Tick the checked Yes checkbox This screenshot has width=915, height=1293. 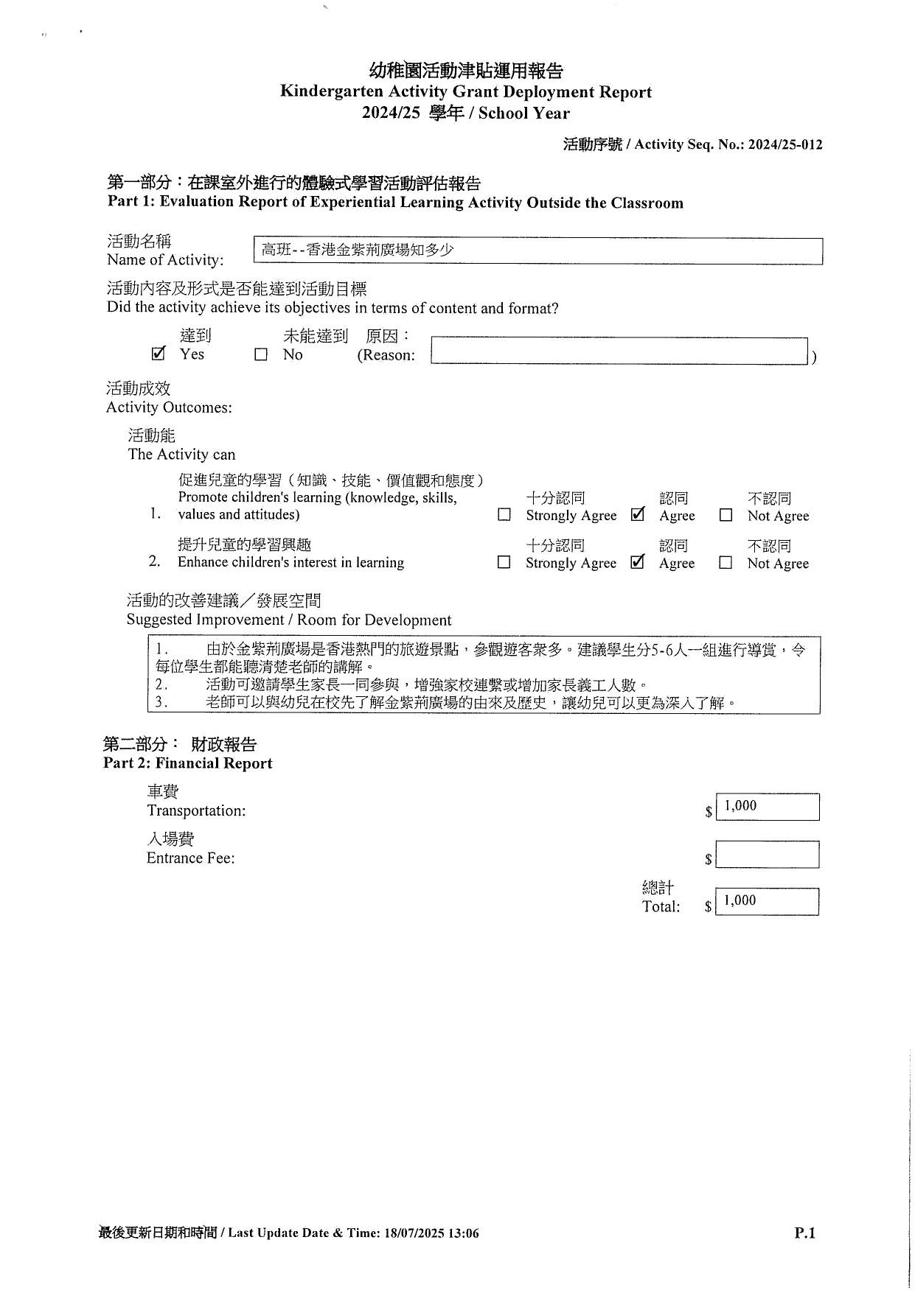158,354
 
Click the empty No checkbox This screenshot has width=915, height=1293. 261,355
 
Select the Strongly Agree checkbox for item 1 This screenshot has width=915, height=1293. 504,516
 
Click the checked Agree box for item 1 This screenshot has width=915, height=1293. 638,515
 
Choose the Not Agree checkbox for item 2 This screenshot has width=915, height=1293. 726,563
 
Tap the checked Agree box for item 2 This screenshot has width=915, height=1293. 638,562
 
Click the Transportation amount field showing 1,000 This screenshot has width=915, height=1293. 767,807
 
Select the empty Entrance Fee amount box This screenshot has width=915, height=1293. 767,855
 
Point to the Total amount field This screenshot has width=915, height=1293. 767,902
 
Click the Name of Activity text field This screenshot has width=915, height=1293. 537,250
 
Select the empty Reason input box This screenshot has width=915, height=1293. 619,351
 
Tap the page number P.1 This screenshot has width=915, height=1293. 804,1233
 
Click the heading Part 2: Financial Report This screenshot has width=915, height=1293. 187,764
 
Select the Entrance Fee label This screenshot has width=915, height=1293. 190,858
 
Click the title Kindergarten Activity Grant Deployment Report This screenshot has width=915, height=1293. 465,92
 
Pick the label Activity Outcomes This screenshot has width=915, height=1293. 169,407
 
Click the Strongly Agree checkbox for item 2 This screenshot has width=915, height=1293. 504,563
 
